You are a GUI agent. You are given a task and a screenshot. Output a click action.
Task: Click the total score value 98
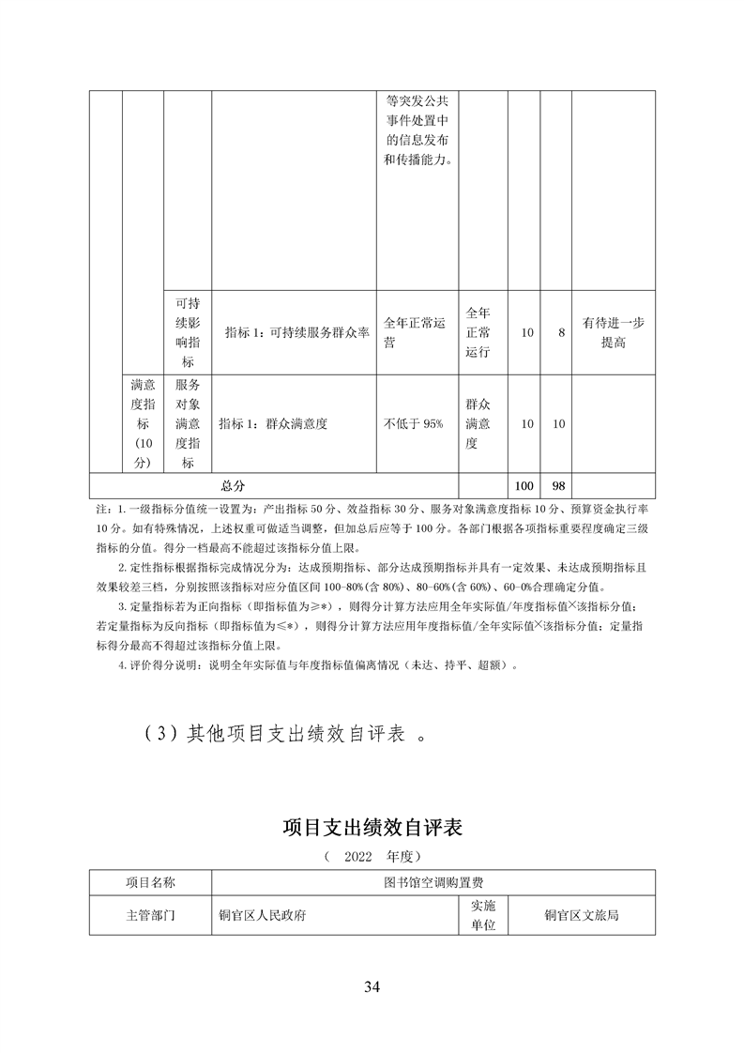point(558,486)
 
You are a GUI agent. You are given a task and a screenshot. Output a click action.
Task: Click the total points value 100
point(525,486)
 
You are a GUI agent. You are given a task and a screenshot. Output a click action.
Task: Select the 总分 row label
point(233,486)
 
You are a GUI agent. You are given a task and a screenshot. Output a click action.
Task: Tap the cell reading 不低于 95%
point(413,424)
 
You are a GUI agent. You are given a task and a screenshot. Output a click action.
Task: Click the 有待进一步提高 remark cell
point(613,332)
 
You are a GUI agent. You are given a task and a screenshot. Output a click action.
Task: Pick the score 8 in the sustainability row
point(560,332)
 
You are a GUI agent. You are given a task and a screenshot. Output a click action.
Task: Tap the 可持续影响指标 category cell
point(187,332)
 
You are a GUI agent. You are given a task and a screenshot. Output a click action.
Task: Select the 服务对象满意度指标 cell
point(187,424)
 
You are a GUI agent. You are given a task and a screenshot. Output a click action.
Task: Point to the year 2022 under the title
point(358,857)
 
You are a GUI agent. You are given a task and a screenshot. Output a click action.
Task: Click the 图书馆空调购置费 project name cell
point(433,883)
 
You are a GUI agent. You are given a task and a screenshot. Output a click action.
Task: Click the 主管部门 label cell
point(150,915)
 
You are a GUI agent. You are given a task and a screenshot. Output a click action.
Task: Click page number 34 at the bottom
point(372,986)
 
